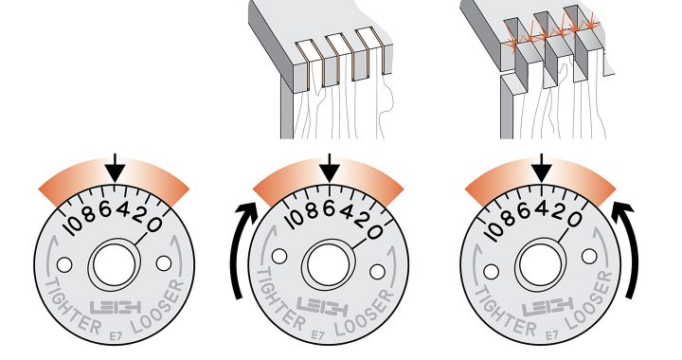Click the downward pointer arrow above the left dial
coord(115,169)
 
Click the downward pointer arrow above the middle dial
coord(330,169)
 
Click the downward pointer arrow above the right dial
coord(542,169)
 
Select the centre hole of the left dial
coord(115,265)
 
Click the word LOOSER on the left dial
coord(160,307)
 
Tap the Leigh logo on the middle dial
coord(322,307)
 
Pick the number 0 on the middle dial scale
coord(375,232)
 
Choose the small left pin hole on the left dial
coord(64,264)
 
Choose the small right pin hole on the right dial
coord(589,256)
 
